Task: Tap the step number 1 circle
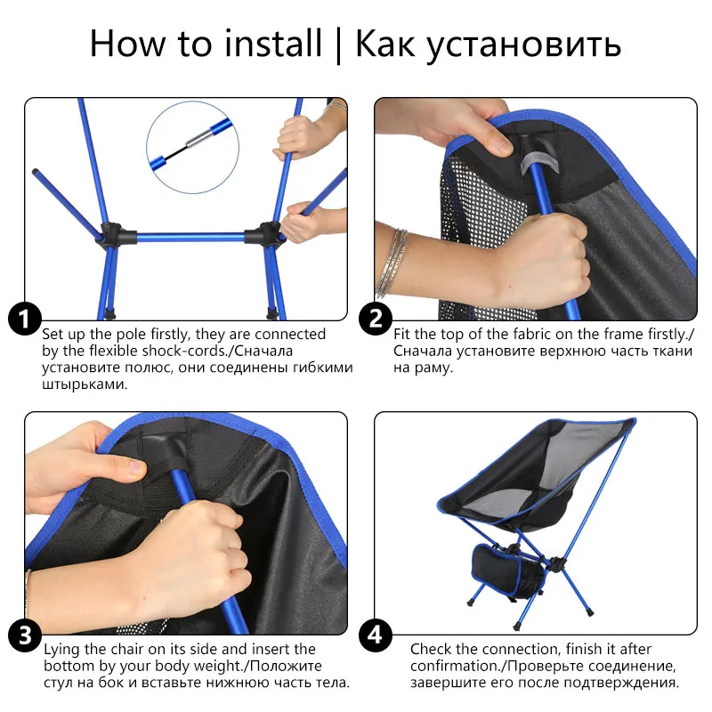pos(24,319)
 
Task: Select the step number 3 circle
pos(24,635)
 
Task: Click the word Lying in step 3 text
pos(62,650)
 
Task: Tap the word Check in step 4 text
pos(431,650)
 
